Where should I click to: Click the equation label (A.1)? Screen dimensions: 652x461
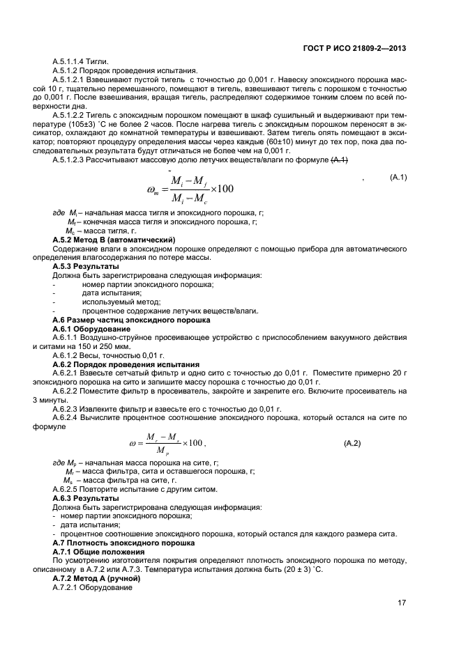click(398, 178)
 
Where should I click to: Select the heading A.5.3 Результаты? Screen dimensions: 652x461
click(86, 266)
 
